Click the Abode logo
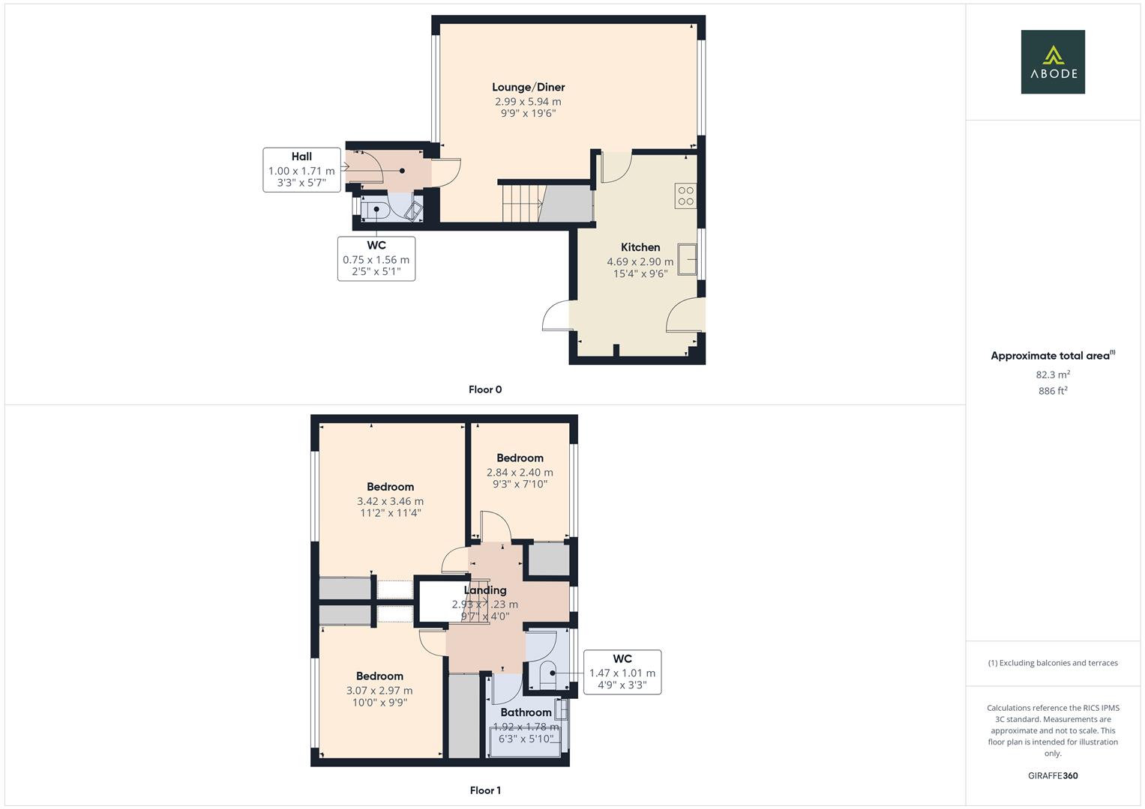tap(1052, 62)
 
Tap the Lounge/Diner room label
tap(528, 87)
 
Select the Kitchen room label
tap(640, 247)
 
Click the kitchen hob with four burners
tap(685, 196)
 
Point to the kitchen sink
tap(687, 259)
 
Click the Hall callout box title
tap(301, 157)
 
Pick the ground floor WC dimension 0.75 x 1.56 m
tap(376, 260)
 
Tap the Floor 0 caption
tap(484, 390)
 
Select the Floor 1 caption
tap(484, 790)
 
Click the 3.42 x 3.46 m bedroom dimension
tap(390, 501)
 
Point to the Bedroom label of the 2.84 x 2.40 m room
tap(520, 458)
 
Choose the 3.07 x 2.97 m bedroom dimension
tap(379, 691)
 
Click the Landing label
tap(484, 590)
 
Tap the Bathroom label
tap(526, 712)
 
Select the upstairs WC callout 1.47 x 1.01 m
tap(622, 673)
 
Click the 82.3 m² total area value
tap(1052, 375)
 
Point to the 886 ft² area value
tap(1052, 391)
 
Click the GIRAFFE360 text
tap(1052, 776)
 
